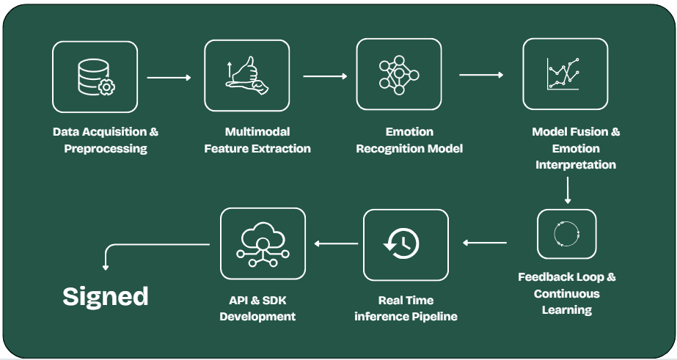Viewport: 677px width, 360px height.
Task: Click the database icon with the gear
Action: click(x=95, y=77)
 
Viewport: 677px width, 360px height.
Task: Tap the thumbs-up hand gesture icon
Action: click(x=246, y=76)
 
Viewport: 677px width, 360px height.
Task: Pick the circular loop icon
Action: click(x=566, y=234)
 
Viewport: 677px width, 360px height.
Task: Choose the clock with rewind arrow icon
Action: click(x=406, y=244)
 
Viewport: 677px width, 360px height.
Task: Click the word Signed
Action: click(x=106, y=296)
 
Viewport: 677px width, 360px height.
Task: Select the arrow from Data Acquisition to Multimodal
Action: click(x=169, y=77)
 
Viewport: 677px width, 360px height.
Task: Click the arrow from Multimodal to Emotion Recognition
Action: click(x=325, y=76)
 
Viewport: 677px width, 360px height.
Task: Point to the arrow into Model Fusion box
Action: click(x=481, y=75)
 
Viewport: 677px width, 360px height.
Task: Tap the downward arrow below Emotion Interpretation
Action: click(x=568, y=189)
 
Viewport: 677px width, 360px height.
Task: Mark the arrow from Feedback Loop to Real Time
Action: click(x=485, y=243)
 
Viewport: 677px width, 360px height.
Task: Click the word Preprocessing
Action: click(x=106, y=149)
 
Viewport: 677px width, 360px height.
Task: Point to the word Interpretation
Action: click(x=576, y=165)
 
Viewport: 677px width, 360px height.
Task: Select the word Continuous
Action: click(x=567, y=294)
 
